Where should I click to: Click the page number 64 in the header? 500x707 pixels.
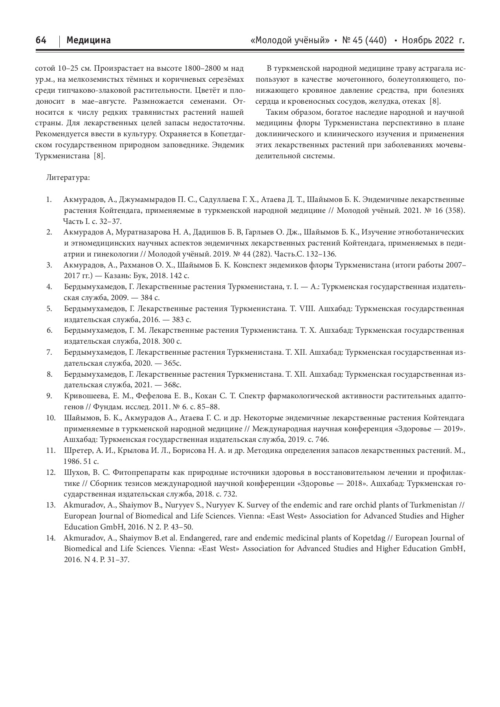click(41, 40)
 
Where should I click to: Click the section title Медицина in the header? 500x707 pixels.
click(89, 40)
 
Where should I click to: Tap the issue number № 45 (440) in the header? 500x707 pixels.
click(364, 40)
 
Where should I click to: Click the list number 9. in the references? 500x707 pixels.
click(49, 396)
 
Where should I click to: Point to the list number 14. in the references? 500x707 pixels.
click(51, 538)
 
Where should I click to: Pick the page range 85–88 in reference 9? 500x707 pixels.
click(209, 407)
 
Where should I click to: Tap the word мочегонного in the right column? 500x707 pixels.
click(358, 80)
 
